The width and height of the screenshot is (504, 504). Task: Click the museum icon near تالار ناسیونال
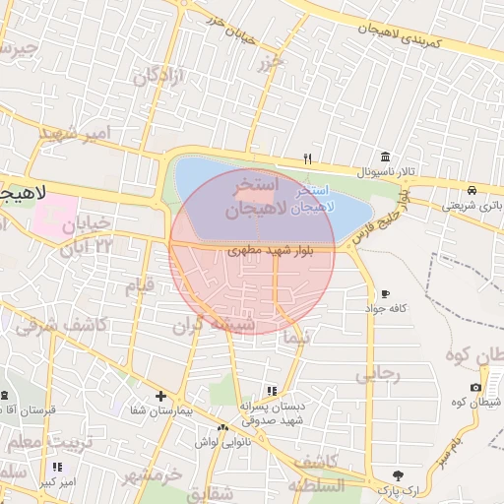tap(385, 157)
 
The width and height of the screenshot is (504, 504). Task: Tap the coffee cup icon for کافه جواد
tap(384, 294)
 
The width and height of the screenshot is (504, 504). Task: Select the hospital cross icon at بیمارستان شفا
tap(160, 395)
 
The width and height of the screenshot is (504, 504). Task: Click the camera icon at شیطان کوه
tap(476, 387)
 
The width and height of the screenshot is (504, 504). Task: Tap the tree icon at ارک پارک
tap(398, 474)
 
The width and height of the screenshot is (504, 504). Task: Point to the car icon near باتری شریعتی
tap(472, 190)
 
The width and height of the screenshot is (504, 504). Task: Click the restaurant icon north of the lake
tap(307, 158)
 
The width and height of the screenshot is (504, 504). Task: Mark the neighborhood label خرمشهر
tap(152, 475)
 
